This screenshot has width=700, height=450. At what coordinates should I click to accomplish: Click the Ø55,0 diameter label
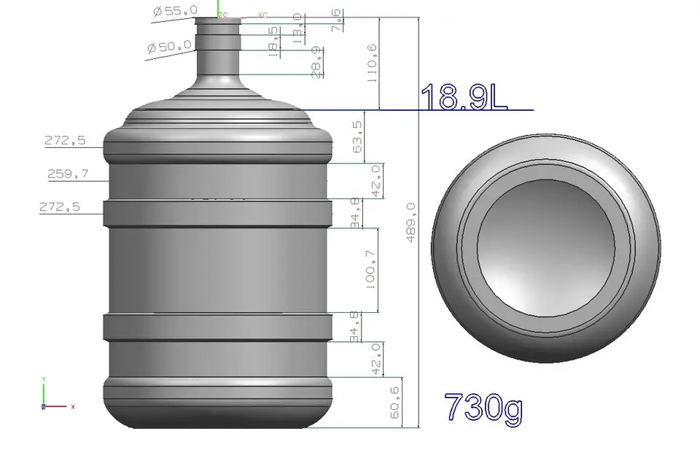click(x=173, y=12)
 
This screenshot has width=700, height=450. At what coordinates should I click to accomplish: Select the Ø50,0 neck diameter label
click(x=169, y=47)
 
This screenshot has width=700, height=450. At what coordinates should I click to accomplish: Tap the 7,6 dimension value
click(x=335, y=20)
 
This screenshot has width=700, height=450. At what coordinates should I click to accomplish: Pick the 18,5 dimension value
click(x=273, y=41)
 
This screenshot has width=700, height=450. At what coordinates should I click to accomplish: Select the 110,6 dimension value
click(x=373, y=63)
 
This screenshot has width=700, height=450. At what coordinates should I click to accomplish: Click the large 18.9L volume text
click(x=464, y=98)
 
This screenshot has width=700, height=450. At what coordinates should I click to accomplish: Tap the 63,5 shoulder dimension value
click(x=357, y=136)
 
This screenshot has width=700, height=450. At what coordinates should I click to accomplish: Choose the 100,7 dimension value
click(x=370, y=271)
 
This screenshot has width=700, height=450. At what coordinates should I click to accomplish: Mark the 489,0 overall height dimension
click(x=411, y=222)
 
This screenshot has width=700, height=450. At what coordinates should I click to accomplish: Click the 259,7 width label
click(x=65, y=174)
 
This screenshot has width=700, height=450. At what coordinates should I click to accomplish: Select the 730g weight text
click(x=483, y=408)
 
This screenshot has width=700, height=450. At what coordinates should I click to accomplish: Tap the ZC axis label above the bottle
click(x=223, y=14)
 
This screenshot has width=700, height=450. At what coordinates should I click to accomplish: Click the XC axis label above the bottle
click(x=262, y=14)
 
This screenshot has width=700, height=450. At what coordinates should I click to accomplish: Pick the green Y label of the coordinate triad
click(x=44, y=379)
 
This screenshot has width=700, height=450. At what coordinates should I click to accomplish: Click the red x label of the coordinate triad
click(x=73, y=406)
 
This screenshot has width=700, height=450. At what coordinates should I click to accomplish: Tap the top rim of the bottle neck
click(x=218, y=20)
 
